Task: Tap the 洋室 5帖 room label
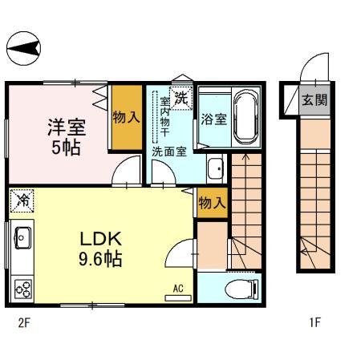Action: [66, 136]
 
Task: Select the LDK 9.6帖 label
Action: [100, 249]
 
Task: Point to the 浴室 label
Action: [213, 118]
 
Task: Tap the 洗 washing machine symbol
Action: [182, 99]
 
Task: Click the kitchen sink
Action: [22, 237]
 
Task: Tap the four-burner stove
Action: [22, 287]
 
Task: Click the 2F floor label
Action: [24, 324]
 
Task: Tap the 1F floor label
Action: [314, 324]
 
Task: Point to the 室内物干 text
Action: [164, 117]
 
